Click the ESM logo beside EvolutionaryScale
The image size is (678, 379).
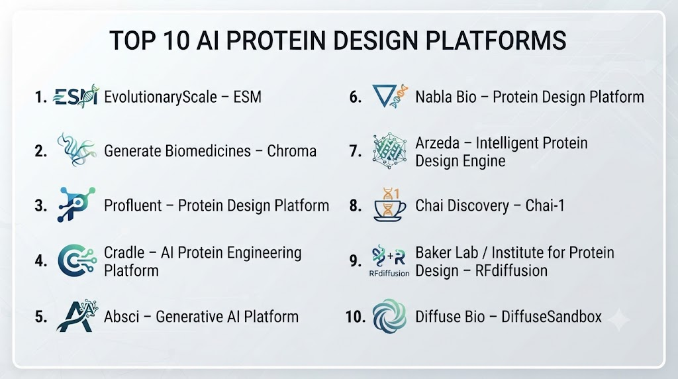(x=76, y=97)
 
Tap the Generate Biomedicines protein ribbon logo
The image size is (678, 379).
(x=77, y=150)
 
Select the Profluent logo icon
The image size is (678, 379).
(x=76, y=204)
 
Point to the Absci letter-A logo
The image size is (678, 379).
(x=77, y=315)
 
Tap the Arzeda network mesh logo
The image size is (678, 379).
(x=389, y=150)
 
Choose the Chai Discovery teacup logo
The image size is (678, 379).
(x=389, y=205)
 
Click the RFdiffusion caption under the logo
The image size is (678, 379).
(x=389, y=274)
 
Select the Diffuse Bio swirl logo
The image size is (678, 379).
(x=389, y=316)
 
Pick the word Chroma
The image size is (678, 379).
(x=291, y=151)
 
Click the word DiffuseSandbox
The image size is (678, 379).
(x=552, y=317)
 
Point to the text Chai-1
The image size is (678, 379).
(x=545, y=205)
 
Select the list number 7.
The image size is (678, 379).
(x=356, y=151)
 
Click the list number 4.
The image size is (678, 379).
(x=41, y=261)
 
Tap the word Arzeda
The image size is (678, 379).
(x=437, y=142)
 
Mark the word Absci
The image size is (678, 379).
(x=122, y=317)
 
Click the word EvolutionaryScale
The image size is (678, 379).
(x=160, y=97)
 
